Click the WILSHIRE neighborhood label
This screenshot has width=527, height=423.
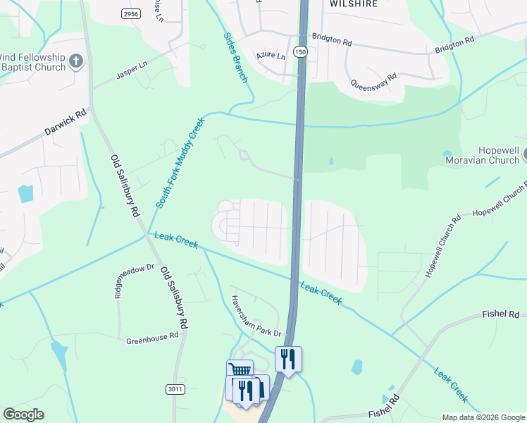click(354, 4)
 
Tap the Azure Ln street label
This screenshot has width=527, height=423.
click(271, 55)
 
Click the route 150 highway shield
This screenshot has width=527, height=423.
click(301, 52)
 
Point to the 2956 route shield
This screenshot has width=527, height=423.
click(130, 13)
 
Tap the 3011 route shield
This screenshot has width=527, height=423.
click(176, 389)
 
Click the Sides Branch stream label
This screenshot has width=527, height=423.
click(235, 57)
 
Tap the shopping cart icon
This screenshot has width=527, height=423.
click(240, 371)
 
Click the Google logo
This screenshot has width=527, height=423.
click(23, 415)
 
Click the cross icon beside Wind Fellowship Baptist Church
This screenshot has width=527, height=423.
click(76, 61)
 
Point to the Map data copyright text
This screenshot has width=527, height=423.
click(483, 417)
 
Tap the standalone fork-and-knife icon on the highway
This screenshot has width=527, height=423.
click(288, 358)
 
